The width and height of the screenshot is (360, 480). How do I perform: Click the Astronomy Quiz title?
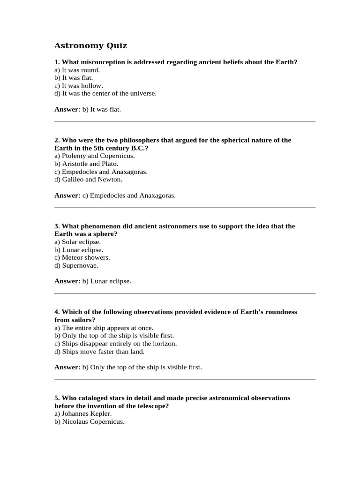tap(90, 45)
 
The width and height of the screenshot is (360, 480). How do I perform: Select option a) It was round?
tap(77, 70)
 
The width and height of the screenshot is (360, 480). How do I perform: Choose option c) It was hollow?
tap(78, 86)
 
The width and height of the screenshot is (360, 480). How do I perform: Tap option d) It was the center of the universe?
tap(105, 93)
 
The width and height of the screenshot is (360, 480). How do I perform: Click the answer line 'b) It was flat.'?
tap(102, 109)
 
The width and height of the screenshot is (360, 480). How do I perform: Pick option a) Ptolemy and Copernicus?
tap(95, 156)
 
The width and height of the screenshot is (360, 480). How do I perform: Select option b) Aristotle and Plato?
tap(86, 164)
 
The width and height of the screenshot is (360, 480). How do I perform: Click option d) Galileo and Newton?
tap(88, 179)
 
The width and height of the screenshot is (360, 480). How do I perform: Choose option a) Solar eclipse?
tap(77, 241)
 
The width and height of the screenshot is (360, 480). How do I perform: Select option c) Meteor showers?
tap(82, 257)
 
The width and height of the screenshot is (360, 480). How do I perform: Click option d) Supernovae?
tap(76, 265)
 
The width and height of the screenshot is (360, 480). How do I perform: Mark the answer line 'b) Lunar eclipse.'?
tap(107, 281)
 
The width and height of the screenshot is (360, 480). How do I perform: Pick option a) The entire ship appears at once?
tap(104, 328)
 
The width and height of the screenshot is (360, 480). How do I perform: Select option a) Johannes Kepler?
tap(83, 413)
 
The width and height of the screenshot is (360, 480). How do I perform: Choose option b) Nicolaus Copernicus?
tap(90, 421)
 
